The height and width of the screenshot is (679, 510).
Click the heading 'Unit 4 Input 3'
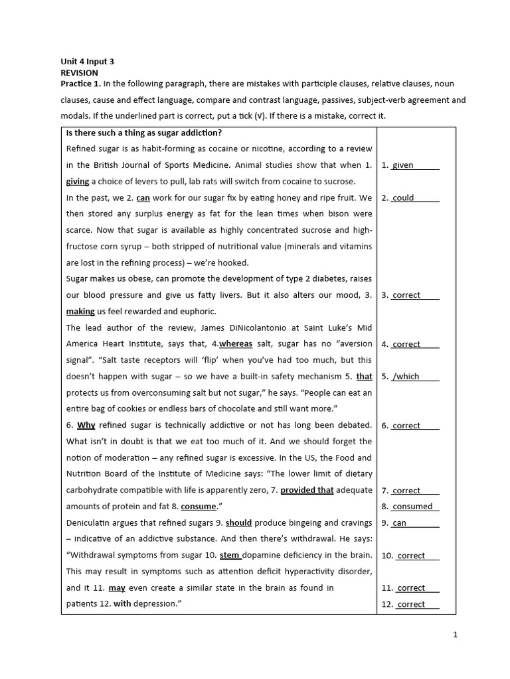coord(87,61)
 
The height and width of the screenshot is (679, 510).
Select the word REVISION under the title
coord(79,73)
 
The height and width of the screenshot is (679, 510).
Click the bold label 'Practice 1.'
coord(80,84)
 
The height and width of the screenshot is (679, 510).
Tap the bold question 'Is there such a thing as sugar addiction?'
coord(144,133)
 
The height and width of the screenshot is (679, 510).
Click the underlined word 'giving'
coord(78,182)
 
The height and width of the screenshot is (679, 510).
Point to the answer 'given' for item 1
coord(403,166)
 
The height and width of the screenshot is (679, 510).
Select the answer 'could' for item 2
coord(403,198)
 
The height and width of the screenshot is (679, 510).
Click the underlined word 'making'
coord(80,312)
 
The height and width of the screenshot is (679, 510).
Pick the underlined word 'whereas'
coord(236,344)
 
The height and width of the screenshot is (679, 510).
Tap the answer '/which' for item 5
coord(406,377)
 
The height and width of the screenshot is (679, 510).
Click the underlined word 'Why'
coord(86,425)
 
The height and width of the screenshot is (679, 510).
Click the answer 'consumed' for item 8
coord(412,507)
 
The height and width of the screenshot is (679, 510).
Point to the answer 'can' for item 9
coord(400,523)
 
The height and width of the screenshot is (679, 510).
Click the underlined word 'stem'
coord(230,555)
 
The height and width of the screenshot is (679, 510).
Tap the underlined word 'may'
coord(117,587)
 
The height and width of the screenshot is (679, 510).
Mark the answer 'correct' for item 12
coord(410,604)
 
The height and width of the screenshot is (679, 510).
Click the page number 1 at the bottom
coord(456,635)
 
